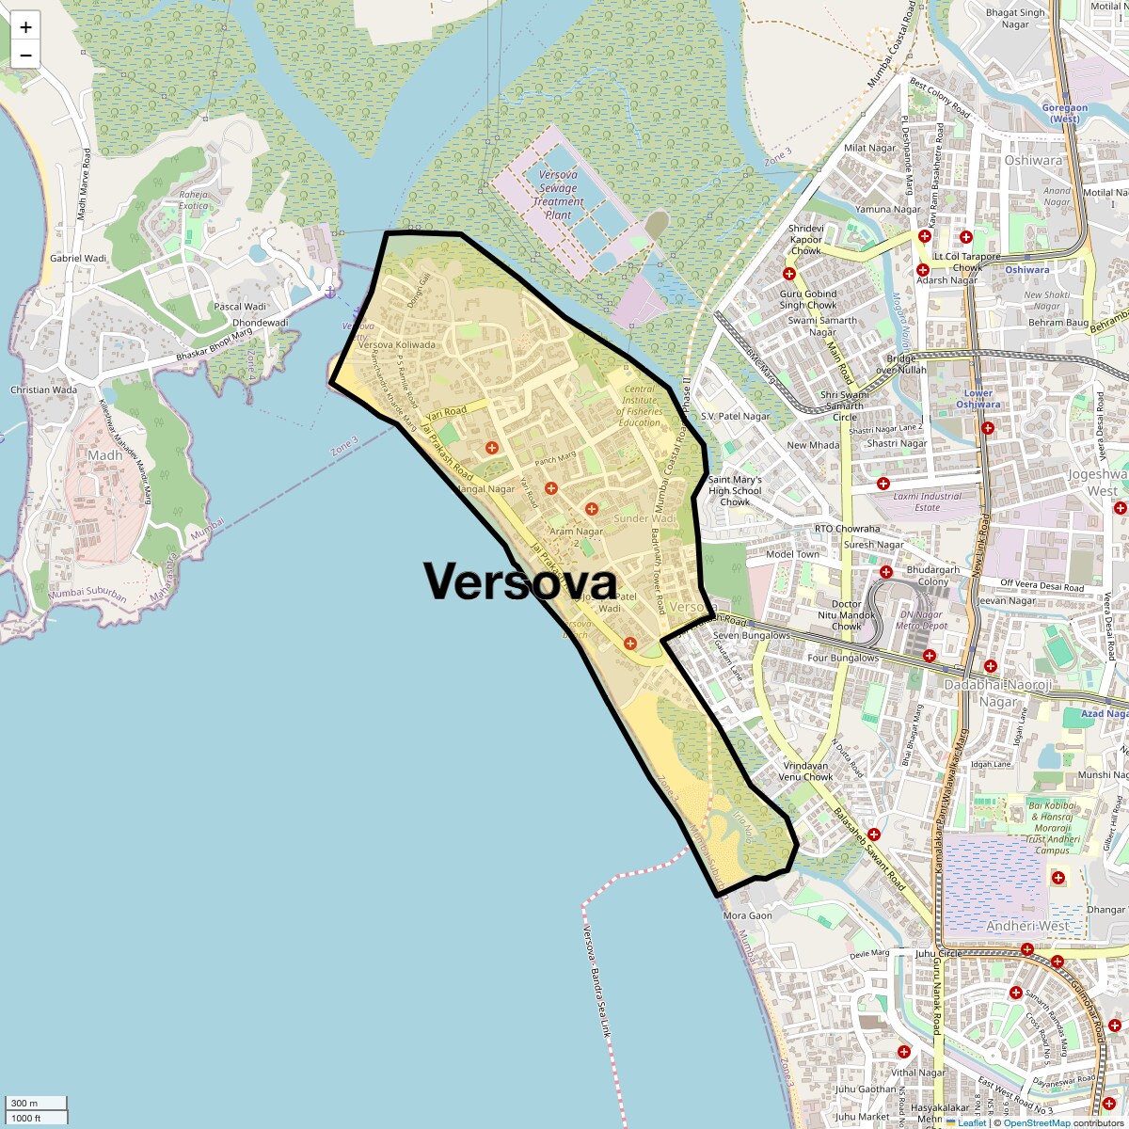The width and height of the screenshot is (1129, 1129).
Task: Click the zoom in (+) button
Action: click(x=25, y=27)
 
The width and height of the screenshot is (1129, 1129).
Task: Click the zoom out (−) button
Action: click(x=25, y=56)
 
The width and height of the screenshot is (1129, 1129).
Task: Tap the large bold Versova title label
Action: click(x=520, y=581)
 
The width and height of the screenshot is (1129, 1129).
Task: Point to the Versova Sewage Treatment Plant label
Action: click(x=558, y=195)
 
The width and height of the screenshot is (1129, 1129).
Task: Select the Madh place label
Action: click(x=104, y=455)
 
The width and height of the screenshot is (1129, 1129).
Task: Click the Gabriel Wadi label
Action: click(x=78, y=258)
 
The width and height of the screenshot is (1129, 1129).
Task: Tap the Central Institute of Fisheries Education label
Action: click(x=640, y=405)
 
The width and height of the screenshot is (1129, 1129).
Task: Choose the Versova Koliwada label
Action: click(x=396, y=345)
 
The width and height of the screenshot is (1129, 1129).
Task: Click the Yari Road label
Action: click(x=446, y=412)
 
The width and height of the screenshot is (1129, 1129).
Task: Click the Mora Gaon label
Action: click(x=747, y=915)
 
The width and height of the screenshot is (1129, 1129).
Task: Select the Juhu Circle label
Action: click(x=938, y=953)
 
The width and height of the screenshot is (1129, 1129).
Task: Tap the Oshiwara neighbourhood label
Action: click(x=1032, y=161)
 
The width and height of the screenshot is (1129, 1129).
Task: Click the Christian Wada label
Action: click(x=43, y=390)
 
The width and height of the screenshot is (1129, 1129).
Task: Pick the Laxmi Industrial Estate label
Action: click(x=927, y=501)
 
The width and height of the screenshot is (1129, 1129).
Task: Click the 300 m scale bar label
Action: click(x=26, y=1104)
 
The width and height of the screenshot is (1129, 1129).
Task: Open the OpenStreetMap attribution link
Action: click(x=1037, y=1122)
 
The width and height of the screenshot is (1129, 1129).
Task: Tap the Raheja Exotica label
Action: click(x=193, y=199)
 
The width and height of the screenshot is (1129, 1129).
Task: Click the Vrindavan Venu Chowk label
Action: click(x=805, y=771)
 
